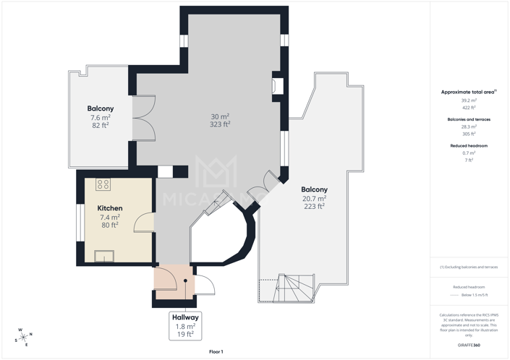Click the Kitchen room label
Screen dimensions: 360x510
point(110,208)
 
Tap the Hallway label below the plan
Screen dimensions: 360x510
point(185,317)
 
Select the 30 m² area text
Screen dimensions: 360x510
point(220,116)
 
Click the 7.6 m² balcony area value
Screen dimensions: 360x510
point(100,118)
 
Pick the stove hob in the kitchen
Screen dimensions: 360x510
point(103,184)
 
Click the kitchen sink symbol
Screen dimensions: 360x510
point(104,255)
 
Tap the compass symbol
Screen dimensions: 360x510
point(23,337)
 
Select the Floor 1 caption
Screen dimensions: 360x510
point(216,351)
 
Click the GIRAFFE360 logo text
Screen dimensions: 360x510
point(469,346)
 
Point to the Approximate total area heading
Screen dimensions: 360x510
point(468,93)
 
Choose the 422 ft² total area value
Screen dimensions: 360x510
point(469,108)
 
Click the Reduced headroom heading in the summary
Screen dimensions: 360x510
point(469,146)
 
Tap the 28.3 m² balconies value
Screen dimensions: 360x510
point(469,127)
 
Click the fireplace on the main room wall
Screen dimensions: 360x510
point(276,84)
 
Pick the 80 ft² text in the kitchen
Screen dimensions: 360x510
point(110,225)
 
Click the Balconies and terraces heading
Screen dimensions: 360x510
point(469,119)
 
